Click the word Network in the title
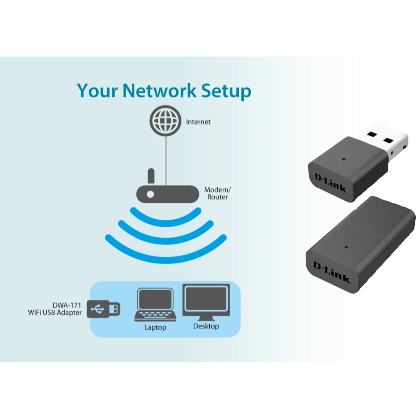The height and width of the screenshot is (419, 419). (159, 91)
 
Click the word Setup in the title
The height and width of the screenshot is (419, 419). (226, 91)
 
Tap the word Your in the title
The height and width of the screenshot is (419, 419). (97, 91)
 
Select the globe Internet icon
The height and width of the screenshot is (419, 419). (165, 121)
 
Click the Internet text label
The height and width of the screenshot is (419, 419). (198, 122)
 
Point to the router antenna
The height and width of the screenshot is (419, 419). (151, 176)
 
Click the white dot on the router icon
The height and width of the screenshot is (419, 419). (150, 194)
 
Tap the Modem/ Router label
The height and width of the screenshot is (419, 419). (217, 193)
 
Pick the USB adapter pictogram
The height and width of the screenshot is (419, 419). (103, 309)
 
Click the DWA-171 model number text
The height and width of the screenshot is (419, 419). (67, 305)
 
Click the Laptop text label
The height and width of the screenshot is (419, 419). (155, 327)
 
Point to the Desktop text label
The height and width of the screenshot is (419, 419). (206, 326)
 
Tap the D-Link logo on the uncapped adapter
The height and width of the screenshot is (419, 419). (330, 183)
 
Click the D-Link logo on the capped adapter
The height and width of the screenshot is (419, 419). (331, 271)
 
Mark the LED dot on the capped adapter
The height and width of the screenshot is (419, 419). (346, 247)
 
